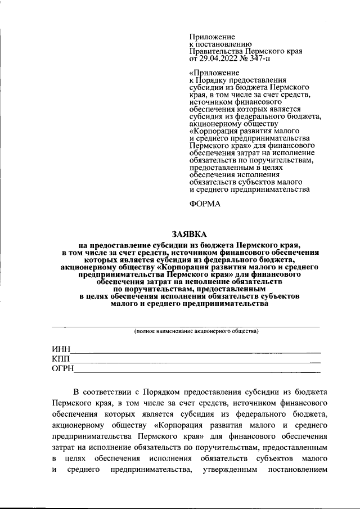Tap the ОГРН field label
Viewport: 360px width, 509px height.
click(x=63, y=369)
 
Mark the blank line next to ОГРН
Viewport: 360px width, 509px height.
click(x=197, y=372)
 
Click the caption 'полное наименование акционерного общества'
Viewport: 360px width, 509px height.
click(x=196, y=331)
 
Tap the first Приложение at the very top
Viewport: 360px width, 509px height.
click(x=212, y=36)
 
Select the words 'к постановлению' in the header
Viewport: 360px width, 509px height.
click(x=216, y=43)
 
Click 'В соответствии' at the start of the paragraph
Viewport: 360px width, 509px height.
click(x=100, y=391)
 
